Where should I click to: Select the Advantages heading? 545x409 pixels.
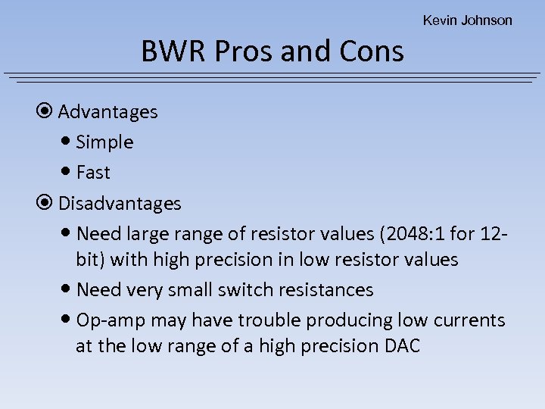[107, 112]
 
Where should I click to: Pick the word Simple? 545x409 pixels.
[104, 142]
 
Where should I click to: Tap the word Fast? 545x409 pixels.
[93, 173]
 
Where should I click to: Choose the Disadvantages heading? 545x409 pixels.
[120, 204]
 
